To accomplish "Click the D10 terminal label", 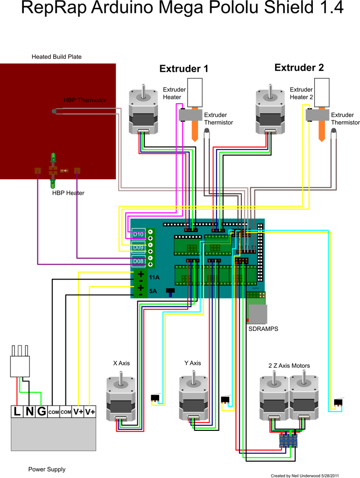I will pyautogui.click(x=139, y=234).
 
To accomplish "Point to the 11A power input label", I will pyautogui.click(x=154, y=277).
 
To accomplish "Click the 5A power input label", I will pyautogui.click(x=153, y=291).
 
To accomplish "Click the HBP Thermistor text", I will pyautogui.click(x=85, y=100).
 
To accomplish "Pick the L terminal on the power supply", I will pyautogui.click(x=17, y=412).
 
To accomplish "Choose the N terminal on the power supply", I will pyautogui.click(x=29, y=412).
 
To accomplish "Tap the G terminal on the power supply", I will pyautogui.click(x=42, y=412).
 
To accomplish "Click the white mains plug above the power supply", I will pyautogui.click(x=20, y=364).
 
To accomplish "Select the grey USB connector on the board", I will pyautogui.click(x=258, y=314).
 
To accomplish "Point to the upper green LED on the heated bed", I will pyautogui.click(x=53, y=158).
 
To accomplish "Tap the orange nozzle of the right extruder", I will pyautogui.click(x=322, y=132).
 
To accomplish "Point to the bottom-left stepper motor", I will pyautogui.click(x=120, y=399).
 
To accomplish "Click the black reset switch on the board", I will pyautogui.click(x=170, y=292).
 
